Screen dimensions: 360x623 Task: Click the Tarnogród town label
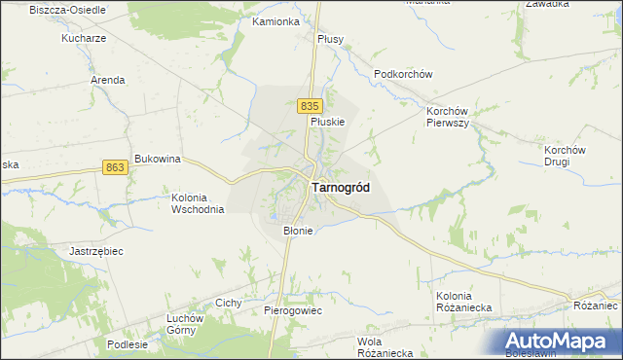(340, 188)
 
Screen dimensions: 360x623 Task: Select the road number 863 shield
(115, 167)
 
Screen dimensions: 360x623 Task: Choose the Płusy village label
(331, 39)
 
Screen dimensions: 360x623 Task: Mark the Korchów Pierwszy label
(448, 118)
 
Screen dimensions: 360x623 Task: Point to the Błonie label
(297, 231)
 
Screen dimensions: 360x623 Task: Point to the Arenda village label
(107, 80)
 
